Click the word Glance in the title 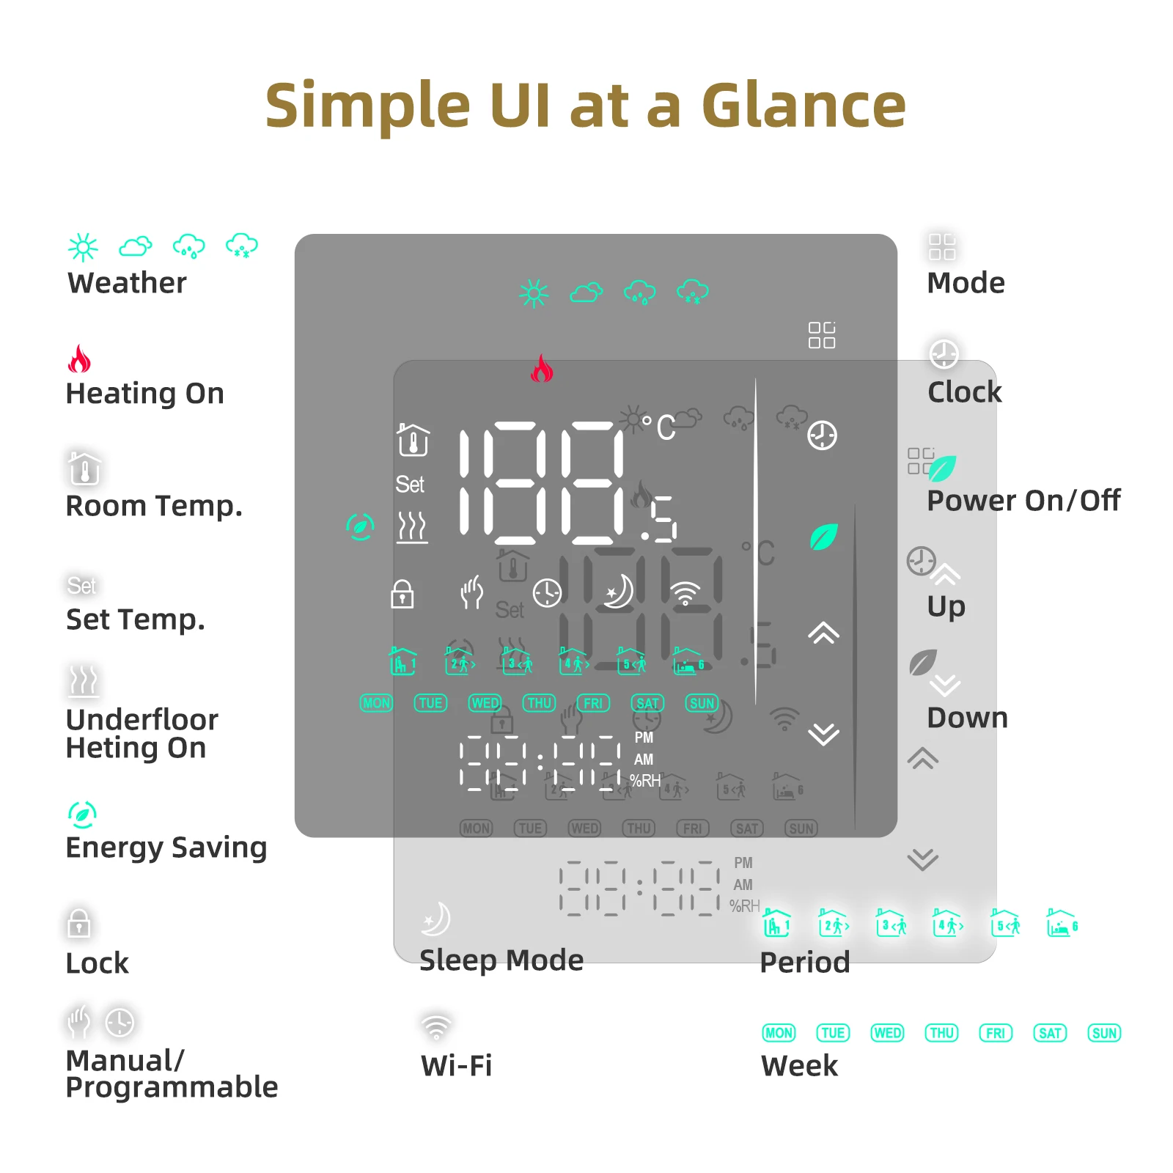804,106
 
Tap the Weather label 127,283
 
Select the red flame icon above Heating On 79,359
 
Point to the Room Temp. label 154,506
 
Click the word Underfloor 142,720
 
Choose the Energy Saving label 166,847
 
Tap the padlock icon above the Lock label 79,924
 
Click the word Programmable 172,1087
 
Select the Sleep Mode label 501,960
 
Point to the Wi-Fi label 457,1066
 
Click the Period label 805,963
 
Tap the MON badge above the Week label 779,1033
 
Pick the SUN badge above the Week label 1104,1033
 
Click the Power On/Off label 1023,501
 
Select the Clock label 965,392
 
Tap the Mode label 966,283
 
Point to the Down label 968,718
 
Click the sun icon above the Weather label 83,247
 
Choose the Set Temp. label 136,619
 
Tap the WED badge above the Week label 887,1033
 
